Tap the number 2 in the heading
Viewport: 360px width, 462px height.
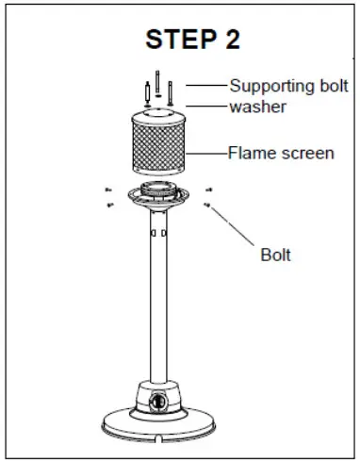pos(230,40)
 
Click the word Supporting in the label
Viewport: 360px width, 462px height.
pos(270,86)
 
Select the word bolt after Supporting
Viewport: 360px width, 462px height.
pos(327,86)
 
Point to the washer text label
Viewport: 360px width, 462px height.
pos(257,107)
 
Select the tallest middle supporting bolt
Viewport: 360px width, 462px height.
pos(158,85)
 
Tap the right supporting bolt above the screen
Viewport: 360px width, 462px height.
pos(172,92)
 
